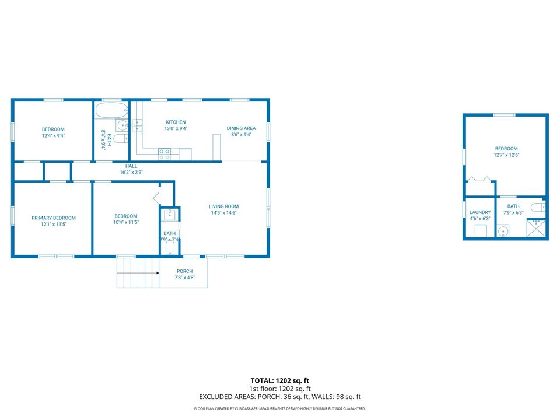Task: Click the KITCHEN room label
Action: pyautogui.click(x=176, y=122)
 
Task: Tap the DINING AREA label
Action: pyautogui.click(x=241, y=128)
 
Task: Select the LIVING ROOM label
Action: pyautogui.click(x=224, y=206)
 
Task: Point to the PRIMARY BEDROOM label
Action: pyautogui.click(x=53, y=218)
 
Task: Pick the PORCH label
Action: pyautogui.click(x=184, y=271)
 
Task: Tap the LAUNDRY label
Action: pyautogui.click(x=480, y=212)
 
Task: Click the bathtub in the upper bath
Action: pyautogui.click(x=111, y=111)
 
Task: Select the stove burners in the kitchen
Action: pyautogui.click(x=164, y=155)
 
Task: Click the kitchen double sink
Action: pyautogui.click(x=138, y=124)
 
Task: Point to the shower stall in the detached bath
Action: pyautogui.click(x=537, y=228)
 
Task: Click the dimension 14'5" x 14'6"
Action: pyautogui.click(x=224, y=213)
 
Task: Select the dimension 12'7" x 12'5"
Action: pyautogui.click(x=506, y=155)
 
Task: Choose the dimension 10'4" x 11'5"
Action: pyautogui.click(x=126, y=223)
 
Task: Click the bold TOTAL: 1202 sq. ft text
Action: pyautogui.click(x=280, y=380)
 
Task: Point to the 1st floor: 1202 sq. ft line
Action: pyautogui.click(x=280, y=388)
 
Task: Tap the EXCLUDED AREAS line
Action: pyautogui.click(x=280, y=397)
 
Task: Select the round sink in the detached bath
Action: pyautogui.click(x=503, y=232)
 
